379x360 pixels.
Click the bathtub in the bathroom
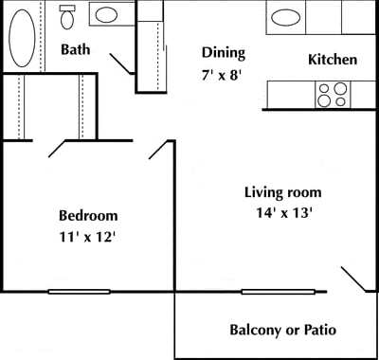(23, 38)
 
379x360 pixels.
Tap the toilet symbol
(68, 17)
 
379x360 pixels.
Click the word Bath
(77, 49)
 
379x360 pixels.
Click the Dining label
(224, 53)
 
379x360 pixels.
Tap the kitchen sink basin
(284, 16)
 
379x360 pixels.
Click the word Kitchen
(333, 60)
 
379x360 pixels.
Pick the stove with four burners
(332, 94)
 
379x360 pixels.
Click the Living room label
(283, 192)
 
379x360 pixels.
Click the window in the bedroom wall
(80, 291)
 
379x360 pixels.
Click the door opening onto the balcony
(353, 279)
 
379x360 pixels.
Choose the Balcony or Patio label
(283, 331)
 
